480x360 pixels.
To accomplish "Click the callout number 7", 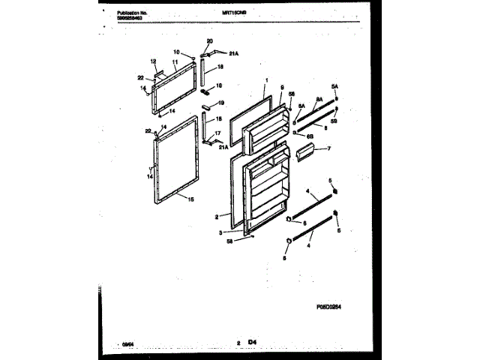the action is coord(328,148).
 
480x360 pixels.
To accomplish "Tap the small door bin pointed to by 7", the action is coord(305,154).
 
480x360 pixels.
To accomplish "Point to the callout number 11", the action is coord(174,63).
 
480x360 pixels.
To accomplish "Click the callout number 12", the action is coord(152,61).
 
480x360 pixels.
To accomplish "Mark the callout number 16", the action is coord(220,86).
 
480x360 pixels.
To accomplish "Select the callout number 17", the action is coord(218,133).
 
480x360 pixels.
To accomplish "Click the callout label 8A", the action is coord(319,99).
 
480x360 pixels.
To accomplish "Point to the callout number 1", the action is coord(266,79).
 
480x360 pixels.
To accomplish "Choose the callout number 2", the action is coord(217,217).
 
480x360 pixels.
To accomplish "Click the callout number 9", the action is coord(281,88).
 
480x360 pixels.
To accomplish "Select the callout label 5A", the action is coord(336,87).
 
